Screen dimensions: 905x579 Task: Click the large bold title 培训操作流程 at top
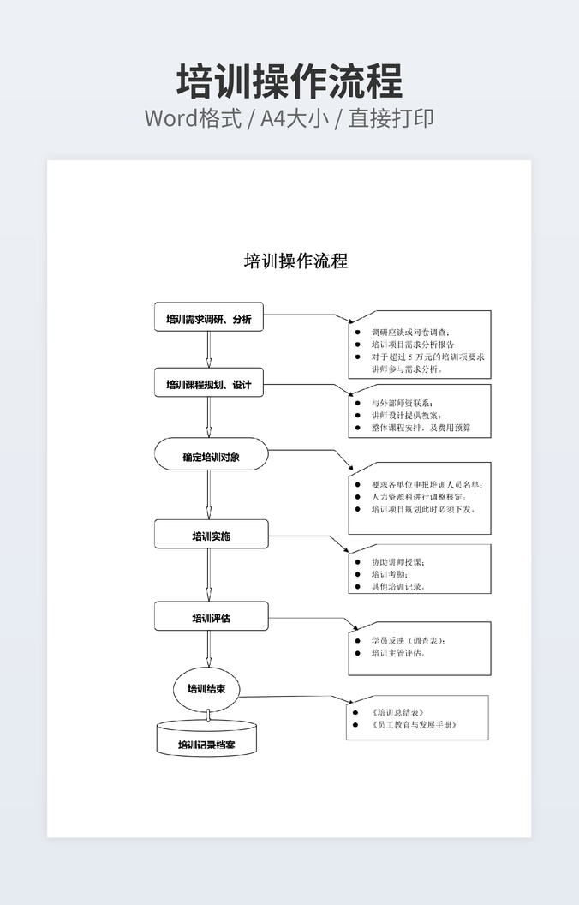tap(289, 82)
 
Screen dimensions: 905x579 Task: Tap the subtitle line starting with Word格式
tap(289, 118)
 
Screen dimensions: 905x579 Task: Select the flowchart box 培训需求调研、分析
tap(209, 319)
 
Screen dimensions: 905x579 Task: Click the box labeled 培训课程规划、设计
tap(209, 384)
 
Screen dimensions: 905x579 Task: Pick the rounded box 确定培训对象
tap(211, 457)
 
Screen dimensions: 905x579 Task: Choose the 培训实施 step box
tap(211, 536)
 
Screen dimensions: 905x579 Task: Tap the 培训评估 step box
tap(211, 617)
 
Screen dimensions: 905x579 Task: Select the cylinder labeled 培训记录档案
tap(207, 745)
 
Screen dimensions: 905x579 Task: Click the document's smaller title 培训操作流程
tap(295, 261)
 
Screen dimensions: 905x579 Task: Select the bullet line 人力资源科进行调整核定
tap(418, 496)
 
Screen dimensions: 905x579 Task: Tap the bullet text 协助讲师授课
tap(397, 562)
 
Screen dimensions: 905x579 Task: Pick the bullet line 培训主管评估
tap(397, 653)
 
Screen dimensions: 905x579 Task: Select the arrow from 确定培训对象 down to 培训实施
tap(208, 494)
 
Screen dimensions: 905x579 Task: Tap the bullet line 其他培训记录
tap(397, 587)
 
